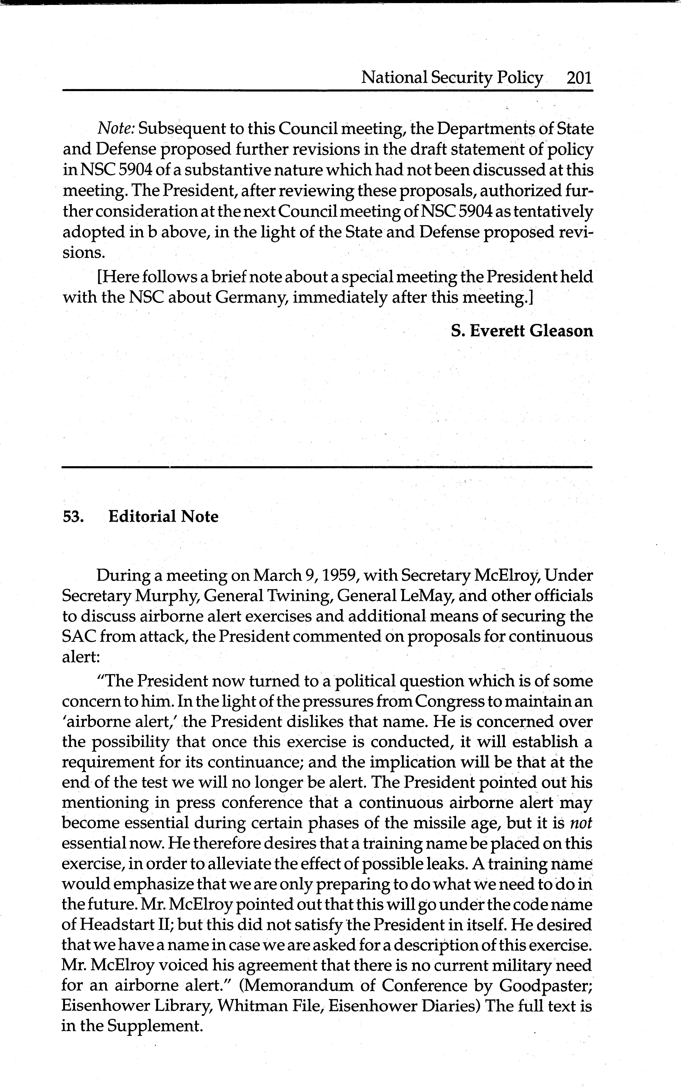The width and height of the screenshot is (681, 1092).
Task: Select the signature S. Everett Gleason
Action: pos(522,331)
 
